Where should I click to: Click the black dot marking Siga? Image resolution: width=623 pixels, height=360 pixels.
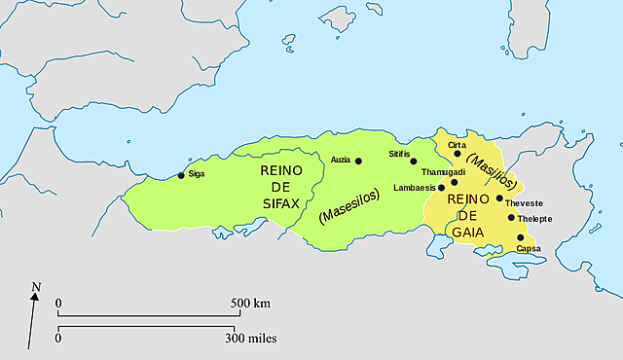(x=180, y=176)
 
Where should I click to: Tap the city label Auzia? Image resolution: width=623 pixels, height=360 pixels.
(x=341, y=160)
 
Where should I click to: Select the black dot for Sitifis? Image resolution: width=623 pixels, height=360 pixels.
(x=413, y=162)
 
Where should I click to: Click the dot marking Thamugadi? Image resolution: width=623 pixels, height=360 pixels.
(x=454, y=183)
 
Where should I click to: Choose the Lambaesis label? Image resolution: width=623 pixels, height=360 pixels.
(x=416, y=188)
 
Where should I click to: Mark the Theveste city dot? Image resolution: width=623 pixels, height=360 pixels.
(x=499, y=198)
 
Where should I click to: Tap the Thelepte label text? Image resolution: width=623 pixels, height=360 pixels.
(x=534, y=219)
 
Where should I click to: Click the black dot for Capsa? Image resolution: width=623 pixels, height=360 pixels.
(x=520, y=237)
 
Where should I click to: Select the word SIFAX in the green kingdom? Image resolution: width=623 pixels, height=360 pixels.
(x=281, y=206)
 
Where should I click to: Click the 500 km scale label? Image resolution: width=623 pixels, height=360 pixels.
(x=249, y=304)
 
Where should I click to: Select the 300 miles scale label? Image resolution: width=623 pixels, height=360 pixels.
(x=252, y=339)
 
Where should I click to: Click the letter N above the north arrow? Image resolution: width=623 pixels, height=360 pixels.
(x=36, y=287)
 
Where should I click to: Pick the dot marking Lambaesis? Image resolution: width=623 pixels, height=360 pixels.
(x=441, y=188)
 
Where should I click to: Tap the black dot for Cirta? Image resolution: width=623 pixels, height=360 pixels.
(x=458, y=154)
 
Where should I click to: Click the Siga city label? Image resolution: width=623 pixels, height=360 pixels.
(x=196, y=175)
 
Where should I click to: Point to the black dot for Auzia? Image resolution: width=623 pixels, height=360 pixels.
(x=358, y=161)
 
